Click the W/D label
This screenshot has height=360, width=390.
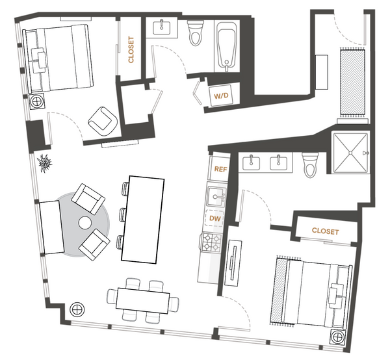pos(221,96)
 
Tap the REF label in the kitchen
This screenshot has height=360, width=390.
pos(220,170)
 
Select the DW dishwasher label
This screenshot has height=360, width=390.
pos(215,218)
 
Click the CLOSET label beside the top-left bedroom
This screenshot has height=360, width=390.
pos(131,50)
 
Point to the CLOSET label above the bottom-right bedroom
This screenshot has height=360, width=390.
pos(326,231)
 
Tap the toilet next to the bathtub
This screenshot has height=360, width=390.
pos(195,33)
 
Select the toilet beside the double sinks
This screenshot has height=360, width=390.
pos(310,164)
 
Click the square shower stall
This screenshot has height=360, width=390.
pos(350,153)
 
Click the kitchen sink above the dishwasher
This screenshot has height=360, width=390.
pos(216,196)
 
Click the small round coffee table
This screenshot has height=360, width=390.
pos(84,223)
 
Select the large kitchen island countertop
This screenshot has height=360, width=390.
pos(143,220)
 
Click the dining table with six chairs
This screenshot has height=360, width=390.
pos(143,301)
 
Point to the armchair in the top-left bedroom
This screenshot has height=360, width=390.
pos(103,122)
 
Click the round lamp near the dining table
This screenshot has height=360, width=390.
pos(77,309)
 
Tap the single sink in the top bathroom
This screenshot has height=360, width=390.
pos(162,28)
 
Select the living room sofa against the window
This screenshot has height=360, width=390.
pos(52,227)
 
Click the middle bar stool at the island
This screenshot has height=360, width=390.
pos(123,214)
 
